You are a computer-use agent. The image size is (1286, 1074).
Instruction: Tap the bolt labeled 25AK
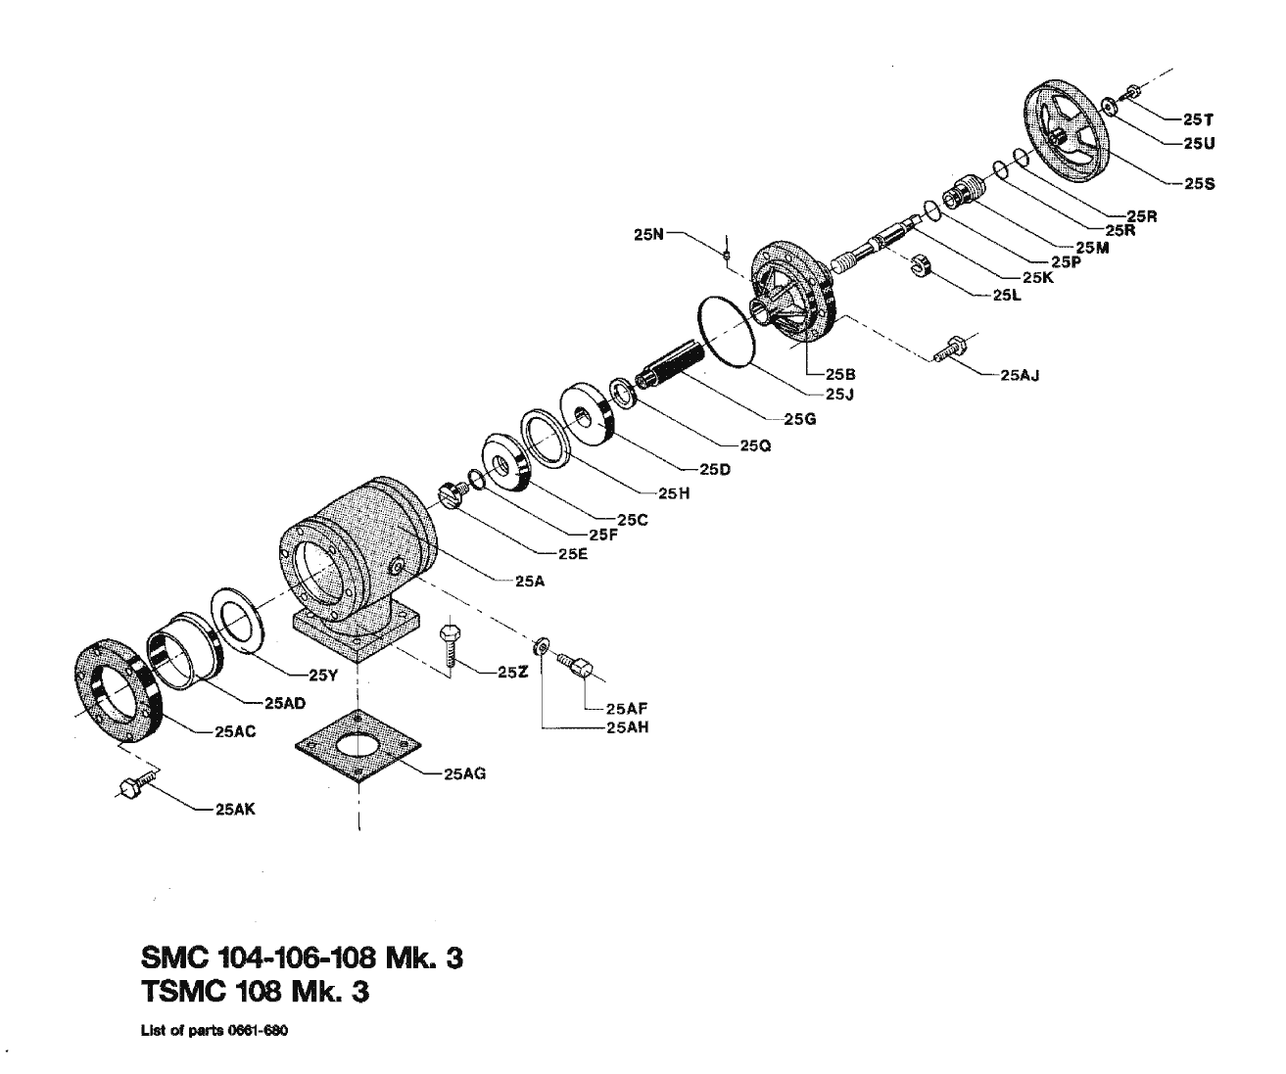click(x=136, y=787)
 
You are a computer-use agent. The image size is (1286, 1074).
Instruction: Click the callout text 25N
click(x=648, y=235)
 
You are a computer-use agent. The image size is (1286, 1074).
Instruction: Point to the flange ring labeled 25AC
click(x=114, y=691)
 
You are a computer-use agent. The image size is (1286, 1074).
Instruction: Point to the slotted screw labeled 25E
click(x=451, y=491)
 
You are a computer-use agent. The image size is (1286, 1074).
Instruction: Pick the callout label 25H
click(x=675, y=494)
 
